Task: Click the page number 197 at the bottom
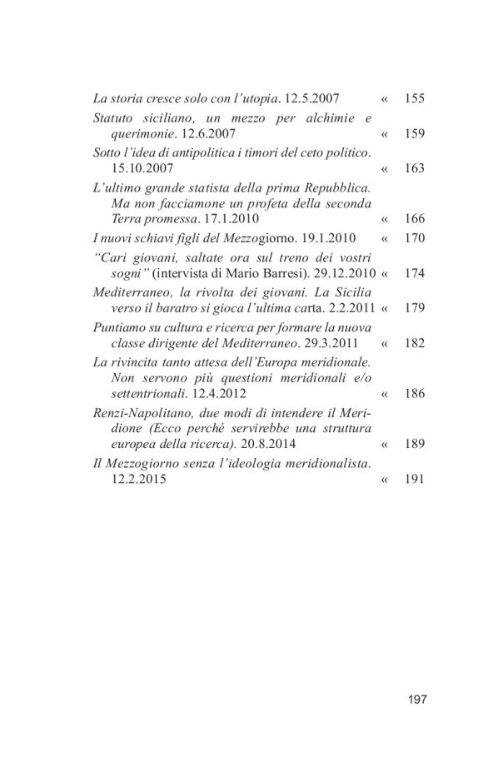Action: [417, 699]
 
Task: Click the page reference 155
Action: [414, 98]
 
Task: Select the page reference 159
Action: [414, 133]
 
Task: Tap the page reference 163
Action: [414, 167]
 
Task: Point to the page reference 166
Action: [414, 219]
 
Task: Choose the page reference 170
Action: [414, 237]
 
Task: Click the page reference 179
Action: [414, 307]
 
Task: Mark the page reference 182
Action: [414, 342]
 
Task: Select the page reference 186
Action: [414, 393]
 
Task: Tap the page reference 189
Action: [414, 445]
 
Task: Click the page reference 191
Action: [414, 479]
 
